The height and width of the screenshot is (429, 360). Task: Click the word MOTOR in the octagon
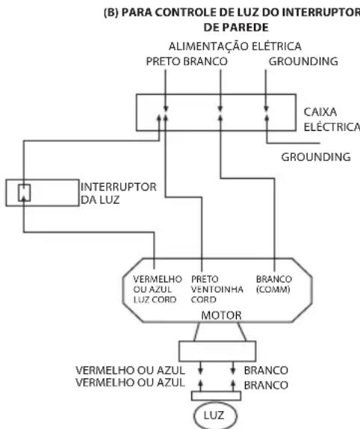pyautogui.click(x=221, y=315)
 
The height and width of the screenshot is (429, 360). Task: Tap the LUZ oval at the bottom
pyautogui.click(x=215, y=416)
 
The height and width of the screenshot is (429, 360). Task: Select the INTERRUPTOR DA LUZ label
pyautogui.click(x=118, y=193)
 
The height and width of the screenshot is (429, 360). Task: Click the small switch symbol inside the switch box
pyautogui.click(x=24, y=193)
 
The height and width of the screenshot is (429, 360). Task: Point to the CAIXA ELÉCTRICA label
pyautogui.click(x=332, y=120)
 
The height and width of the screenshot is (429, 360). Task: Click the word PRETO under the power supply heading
pyautogui.click(x=164, y=61)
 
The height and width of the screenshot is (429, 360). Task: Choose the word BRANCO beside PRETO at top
pyautogui.click(x=205, y=61)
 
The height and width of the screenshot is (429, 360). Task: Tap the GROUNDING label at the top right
pyautogui.click(x=303, y=61)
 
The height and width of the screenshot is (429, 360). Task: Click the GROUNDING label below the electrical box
pyautogui.click(x=316, y=157)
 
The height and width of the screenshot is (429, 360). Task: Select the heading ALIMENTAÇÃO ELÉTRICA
pyautogui.click(x=235, y=46)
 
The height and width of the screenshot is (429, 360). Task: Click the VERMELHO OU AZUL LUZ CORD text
pyautogui.click(x=158, y=289)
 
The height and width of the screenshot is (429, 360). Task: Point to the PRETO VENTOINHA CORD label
pyautogui.click(x=217, y=289)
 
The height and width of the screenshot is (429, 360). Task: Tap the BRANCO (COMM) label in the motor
pyautogui.click(x=274, y=284)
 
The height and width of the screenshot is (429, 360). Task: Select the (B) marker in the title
pyautogui.click(x=111, y=13)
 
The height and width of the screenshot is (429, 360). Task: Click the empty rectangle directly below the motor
pyautogui.click(x=217, y=351)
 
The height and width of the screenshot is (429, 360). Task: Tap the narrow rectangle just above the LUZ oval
pyautogui.click(x=216, y=396)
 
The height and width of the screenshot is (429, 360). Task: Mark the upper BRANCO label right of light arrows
pyautogui.click(x=266, y=371)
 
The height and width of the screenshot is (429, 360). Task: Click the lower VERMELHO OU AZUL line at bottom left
pyautogui.click(x=131, y=383)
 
